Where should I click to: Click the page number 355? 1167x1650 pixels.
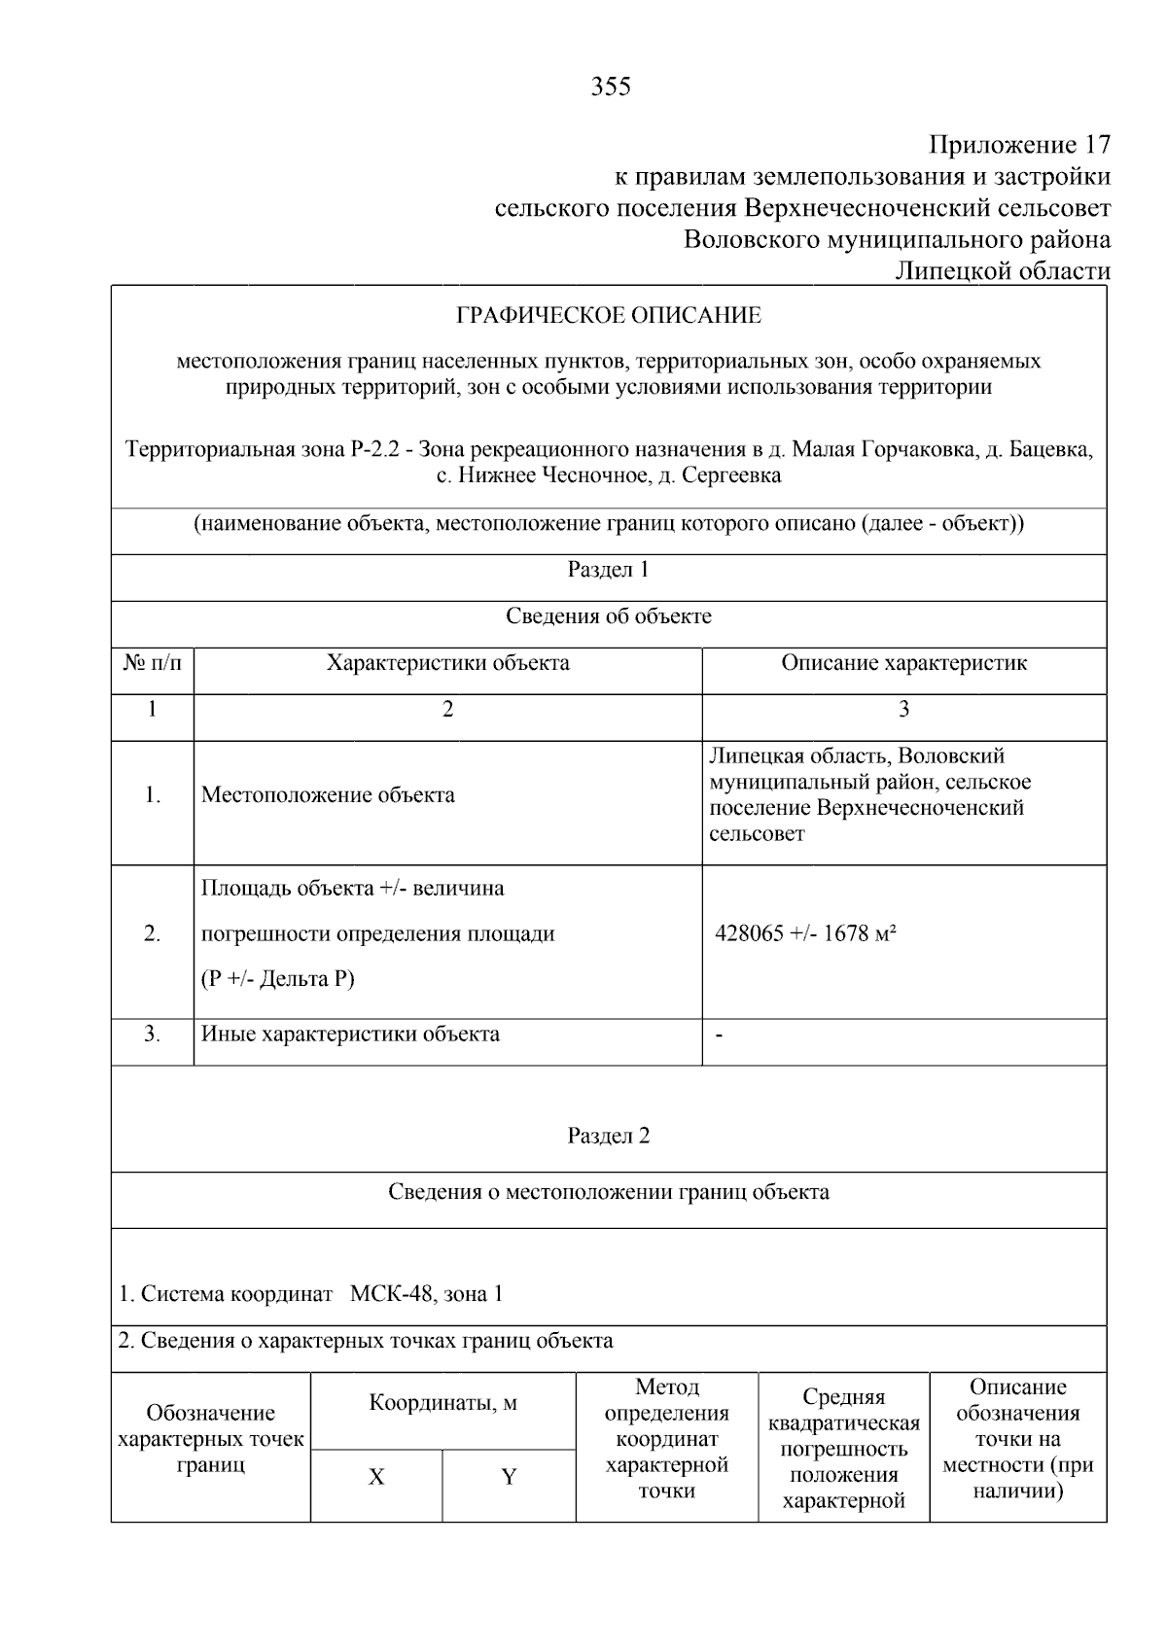click(x=611, y=88)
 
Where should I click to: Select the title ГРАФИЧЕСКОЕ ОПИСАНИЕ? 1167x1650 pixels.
click(x=609, y=315)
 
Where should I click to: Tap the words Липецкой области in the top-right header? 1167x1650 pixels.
click(x=1002, y=271)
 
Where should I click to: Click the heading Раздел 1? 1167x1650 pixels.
click(x=608, y=570)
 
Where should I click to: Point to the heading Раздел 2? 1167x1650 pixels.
click(x=608, y=1136)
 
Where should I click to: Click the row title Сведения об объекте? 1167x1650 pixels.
click(x=608, y=616)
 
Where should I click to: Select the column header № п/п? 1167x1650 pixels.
click(x=153, y=663)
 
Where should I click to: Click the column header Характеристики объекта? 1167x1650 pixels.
click(x=447, y=663)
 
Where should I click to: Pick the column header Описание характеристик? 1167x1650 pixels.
click(x=903, y=663)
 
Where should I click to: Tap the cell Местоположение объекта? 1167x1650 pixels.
click(x=328, y=795)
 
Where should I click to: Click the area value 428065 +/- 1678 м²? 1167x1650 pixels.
click(x=805, y=934)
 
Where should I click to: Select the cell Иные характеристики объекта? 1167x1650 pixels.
click(x=350, y=1034)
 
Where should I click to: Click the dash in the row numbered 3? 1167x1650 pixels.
click(x=719, y=1036)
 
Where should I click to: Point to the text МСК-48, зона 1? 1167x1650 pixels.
click(x=426, y=1294)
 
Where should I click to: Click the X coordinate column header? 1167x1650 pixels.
click(x=376, y=1478)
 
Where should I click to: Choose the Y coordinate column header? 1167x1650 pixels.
click(x=508, y=1478)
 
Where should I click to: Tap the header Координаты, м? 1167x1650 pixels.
click(x=442, y=1403)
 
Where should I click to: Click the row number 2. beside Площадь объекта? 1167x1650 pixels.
click(x=153, y=934)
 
